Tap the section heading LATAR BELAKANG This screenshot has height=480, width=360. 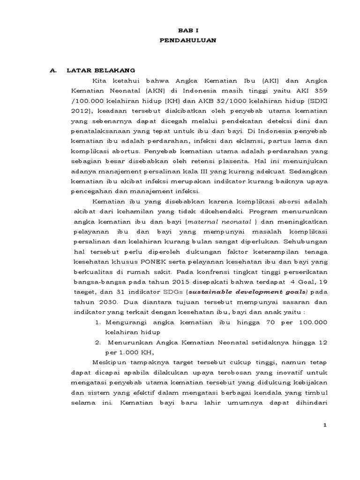101,70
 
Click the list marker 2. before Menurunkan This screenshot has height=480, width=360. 97,343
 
